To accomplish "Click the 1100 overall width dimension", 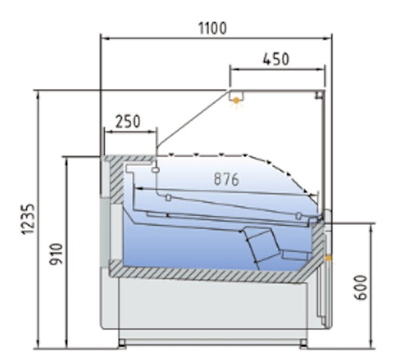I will [x=212, y=28].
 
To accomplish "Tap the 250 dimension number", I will [x=127, y=121].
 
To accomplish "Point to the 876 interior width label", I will [x=226, y=179].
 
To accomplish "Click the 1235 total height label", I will [x=29, y=219].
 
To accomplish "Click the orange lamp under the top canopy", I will [x=236, y=100].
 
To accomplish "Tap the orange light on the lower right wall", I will [x=328, y=256].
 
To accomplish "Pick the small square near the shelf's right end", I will [x=299, y=215].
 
